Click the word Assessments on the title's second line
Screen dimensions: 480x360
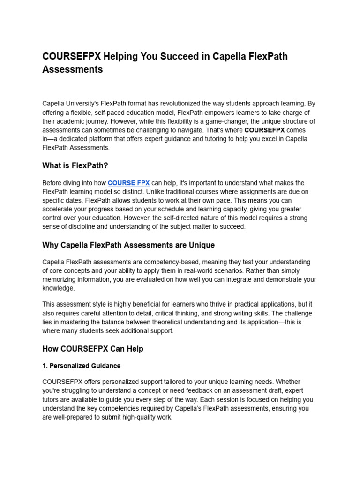click(x=72, y=70)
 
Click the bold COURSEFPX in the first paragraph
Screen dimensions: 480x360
click(x=264, y=130)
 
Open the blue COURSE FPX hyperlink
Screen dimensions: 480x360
click(x=128, y=183)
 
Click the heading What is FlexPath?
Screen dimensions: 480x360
click(x=75, y=165)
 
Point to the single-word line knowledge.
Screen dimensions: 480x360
click(x=58, y=289)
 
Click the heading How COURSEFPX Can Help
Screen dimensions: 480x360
click(x=92, y=349)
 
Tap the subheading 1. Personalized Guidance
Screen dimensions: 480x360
click(x=81, y=366)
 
